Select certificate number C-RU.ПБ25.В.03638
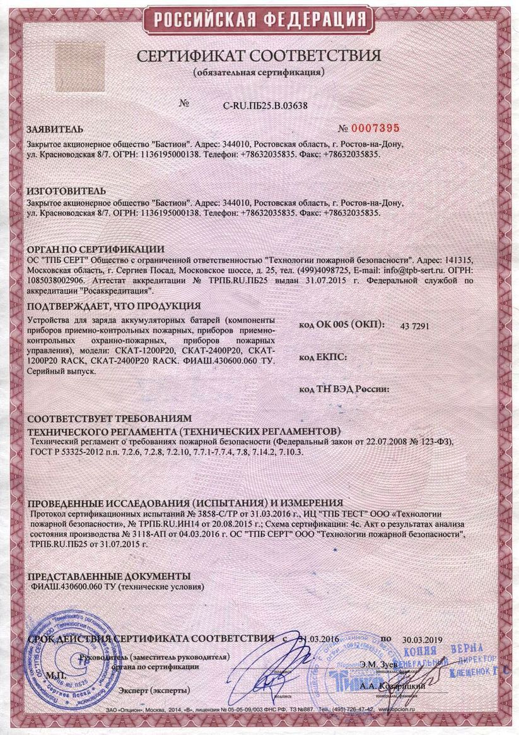click(x=265, y=105)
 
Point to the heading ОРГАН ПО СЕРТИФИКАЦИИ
click(x=95, y=249)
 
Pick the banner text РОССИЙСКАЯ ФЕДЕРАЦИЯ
click(x=259, y=21)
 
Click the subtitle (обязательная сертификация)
click(x=259, y=72)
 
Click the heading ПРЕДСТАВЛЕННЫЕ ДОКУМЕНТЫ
click(x=109, y=576)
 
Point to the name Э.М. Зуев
click(x=379, y=664)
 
